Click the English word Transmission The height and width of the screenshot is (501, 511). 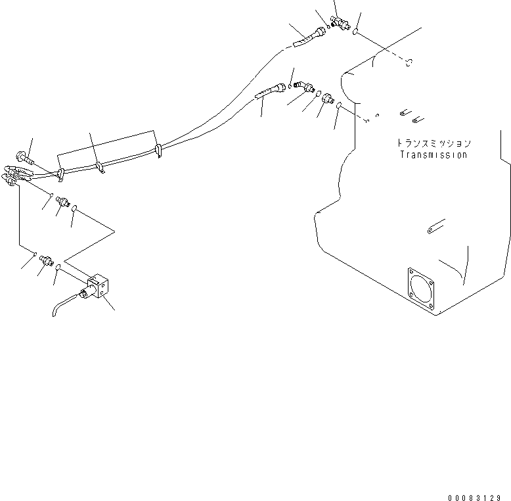(x=433, y=155)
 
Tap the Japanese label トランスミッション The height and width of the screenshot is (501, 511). (x=433, y=143)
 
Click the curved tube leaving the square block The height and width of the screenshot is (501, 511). (x=64, y=307)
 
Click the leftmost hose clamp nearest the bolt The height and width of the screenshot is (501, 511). (x=60, y=174)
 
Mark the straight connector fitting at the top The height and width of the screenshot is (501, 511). (x=340, y=23)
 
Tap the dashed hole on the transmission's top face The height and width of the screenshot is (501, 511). (x=409, y=62)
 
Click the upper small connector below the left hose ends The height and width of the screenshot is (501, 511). (x=64, y=201)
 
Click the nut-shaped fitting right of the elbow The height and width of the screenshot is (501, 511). (x=325, y=98)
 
